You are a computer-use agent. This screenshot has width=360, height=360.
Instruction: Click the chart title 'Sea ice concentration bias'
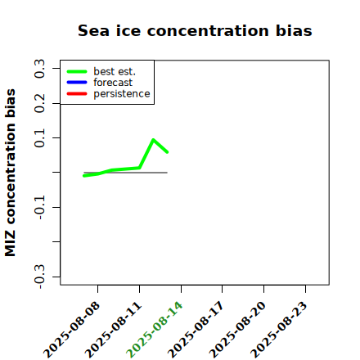[x=195, y=30]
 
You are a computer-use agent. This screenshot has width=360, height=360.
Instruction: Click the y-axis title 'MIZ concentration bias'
[x=11, y=173]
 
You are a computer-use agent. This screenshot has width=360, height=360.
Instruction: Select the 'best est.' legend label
[x=115, y=71]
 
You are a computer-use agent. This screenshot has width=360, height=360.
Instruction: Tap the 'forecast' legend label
[x=113, y=83]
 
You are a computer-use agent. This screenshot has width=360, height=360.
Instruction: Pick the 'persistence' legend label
[x=122, y=94]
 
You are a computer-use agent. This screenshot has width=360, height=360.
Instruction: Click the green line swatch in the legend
[x=77, y=71]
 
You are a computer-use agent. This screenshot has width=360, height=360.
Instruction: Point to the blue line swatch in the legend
[x=77, y=83]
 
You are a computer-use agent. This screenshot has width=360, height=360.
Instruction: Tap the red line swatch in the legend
[x=77, y=94]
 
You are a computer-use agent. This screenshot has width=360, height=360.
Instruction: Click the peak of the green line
[x=153, y=140]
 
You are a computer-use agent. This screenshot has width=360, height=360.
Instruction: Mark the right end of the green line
[x=167, y=152]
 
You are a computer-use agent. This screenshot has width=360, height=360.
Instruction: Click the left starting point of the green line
[x=84, y=176]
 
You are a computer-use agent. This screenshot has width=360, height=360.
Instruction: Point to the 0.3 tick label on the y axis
[x=39, y=69]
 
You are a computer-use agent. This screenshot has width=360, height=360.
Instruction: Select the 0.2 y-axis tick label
[x=39, y=103]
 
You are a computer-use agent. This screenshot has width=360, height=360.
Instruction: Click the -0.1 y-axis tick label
[x=39, y=208]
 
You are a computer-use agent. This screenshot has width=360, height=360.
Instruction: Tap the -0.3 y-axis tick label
[x=39, y=277]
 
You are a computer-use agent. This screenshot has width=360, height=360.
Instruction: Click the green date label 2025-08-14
[x=154, y=330]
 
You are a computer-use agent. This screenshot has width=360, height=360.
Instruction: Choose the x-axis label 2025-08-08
[x=71, y=330]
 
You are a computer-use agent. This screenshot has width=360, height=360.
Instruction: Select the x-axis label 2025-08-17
[x=196, y=330]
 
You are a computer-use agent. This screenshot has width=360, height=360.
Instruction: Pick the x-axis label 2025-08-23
[x=278, y=330]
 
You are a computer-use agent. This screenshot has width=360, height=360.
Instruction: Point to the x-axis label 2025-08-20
[x=237, y=330]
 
